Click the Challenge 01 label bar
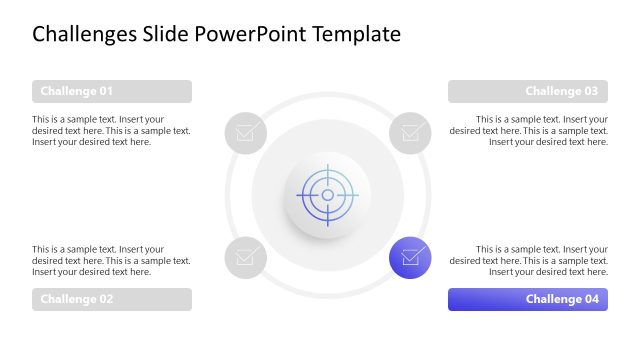111,92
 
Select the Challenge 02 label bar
111,299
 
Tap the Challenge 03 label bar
528,92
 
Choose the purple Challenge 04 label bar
528,299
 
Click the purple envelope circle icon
410,257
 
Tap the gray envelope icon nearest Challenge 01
245,132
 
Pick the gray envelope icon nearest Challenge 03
410,132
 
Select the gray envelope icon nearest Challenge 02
245,257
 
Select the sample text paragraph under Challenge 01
111,130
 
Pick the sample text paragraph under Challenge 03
529,130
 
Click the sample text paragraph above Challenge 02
111,260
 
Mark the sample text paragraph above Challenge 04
529,260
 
